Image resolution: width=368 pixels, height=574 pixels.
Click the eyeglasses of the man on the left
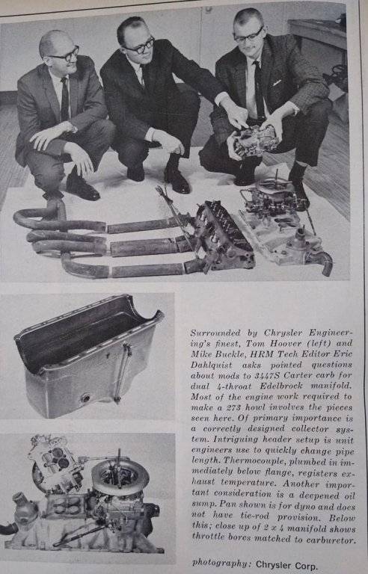pyautogui.click(x=65, y=55)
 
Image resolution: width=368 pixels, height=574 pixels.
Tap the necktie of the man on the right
pyautogui.click(x=259, y=88)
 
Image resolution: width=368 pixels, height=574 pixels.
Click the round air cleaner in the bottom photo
pyautogui.click(x=120, y=477)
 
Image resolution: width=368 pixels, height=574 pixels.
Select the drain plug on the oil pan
pyautogui.click(x=86, y=398)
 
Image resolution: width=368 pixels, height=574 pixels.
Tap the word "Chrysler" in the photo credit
pyautogui.click(x=273, y=564)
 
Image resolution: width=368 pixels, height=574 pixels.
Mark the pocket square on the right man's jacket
pyautogui.click(x=277, y=82)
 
